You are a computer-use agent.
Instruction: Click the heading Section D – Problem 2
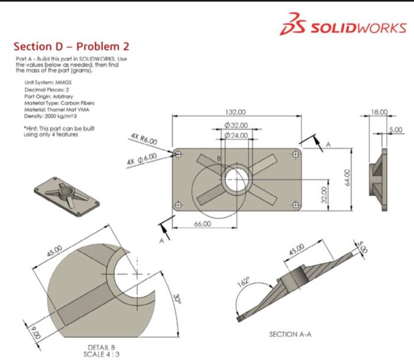click(71, 46)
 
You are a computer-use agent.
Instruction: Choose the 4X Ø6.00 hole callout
click(141, 159)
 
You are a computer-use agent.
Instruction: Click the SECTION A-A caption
click(292, 335)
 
